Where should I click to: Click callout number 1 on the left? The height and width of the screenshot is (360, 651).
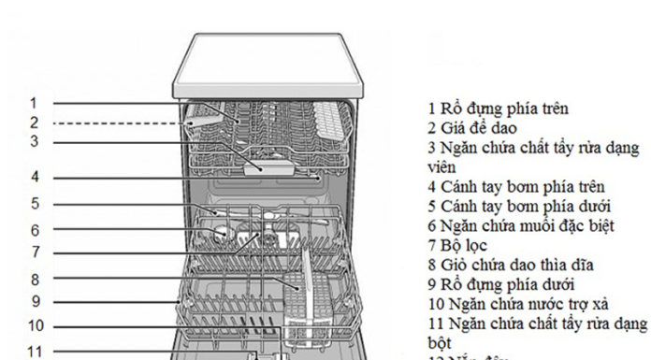pos(33,104)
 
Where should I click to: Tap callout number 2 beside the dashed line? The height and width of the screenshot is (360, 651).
pos(33,122)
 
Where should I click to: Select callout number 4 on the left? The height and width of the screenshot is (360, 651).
pos(34,177)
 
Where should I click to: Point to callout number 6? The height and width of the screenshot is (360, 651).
pos(34,230)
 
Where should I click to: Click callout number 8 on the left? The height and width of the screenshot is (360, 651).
pos(34,279)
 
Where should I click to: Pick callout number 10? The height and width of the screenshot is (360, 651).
pos(34,326)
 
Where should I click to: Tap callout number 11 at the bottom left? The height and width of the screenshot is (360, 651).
pos(34,352)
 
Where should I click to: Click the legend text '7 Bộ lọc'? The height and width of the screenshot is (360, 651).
pos(457,245)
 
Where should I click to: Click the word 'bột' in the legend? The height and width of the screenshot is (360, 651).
pos(440,343)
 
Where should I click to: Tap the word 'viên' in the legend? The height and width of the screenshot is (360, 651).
pos(441,166)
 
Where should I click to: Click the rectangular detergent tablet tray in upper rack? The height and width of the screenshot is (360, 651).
pos(265,166)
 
